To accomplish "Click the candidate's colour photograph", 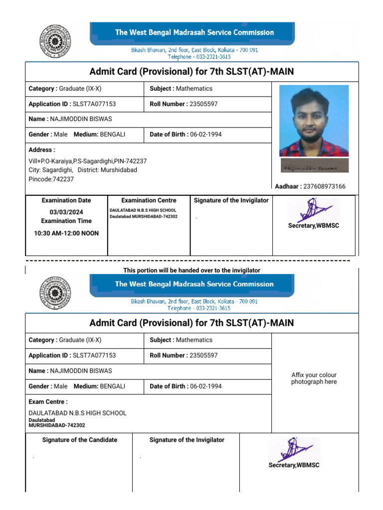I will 314,121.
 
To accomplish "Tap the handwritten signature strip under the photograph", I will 314,166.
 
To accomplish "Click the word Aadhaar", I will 287,186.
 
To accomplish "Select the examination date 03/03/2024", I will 66,212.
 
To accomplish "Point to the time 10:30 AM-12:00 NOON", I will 66,233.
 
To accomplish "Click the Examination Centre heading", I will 149,200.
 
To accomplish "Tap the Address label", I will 41,149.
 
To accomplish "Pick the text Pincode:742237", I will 51,179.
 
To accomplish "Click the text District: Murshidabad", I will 107,170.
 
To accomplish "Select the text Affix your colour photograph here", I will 314,379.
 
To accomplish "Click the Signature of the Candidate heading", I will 80,440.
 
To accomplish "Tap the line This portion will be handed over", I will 191,270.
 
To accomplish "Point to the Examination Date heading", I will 66,200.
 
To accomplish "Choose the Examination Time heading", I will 66,221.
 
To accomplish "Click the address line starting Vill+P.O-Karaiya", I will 87,161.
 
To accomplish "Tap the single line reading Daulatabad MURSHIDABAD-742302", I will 143,216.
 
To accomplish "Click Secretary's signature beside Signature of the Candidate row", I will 294,451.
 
